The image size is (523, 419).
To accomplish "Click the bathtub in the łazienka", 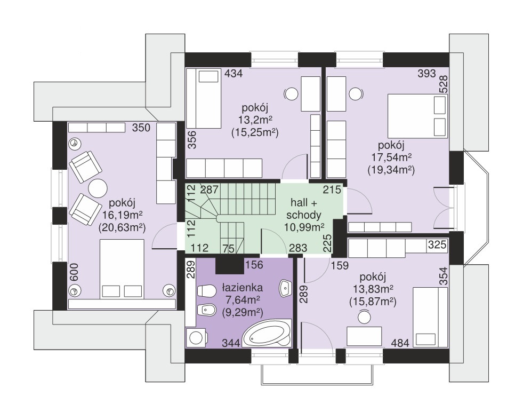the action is (x=267, y=334).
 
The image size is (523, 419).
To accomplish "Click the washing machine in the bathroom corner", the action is (x=197, y=337).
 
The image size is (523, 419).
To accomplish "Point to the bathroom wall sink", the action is (x=286, y=288).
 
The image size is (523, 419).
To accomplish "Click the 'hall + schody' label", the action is (x=303, y=209).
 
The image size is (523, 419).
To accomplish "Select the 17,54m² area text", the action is (x=391, y=157).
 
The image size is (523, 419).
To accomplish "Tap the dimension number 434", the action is (x=234, y=73).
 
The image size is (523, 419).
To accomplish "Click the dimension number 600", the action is (x=74, y=272).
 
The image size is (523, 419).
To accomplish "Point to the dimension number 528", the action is (x=444, y=84).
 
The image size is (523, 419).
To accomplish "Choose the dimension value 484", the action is (x=400, y=343).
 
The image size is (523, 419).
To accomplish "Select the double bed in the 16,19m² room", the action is (x=122, y=268).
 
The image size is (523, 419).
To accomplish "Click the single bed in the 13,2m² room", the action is (x=204, y=99).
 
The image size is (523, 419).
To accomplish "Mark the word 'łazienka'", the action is (x=243, y=288).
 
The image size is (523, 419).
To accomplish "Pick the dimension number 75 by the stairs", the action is (x=228, y=248).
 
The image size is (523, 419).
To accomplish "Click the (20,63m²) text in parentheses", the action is (x=123, y=228).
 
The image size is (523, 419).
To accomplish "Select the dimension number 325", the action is (x=437, y=244).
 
